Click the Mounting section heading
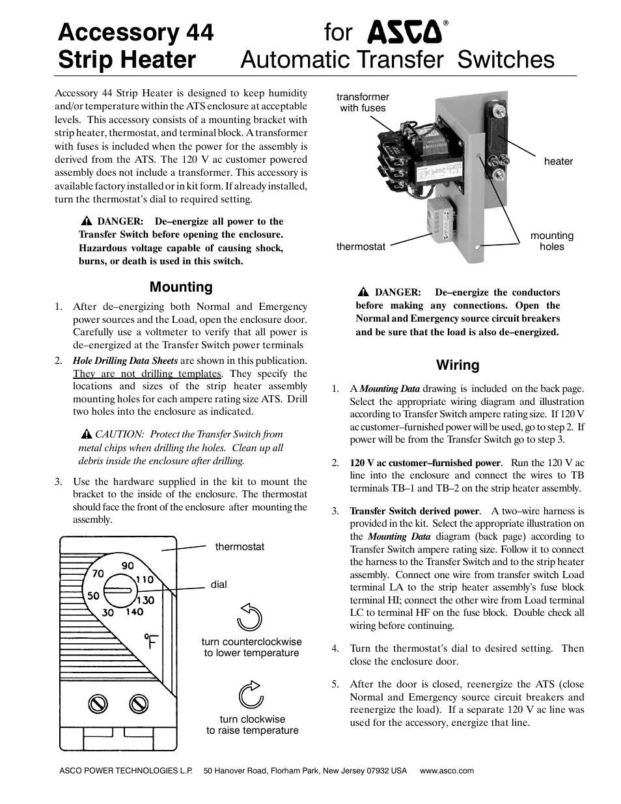tap(181, 287)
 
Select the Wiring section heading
tap(458, 365)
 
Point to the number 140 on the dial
tap(134, 612)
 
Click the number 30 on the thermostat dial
tap(108, 613)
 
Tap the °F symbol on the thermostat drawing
tap(151, 642)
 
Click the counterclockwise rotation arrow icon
tap(250, 617)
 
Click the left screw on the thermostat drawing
tap(98, 703)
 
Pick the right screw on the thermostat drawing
tap(138, 703)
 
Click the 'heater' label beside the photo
tap(558, 161)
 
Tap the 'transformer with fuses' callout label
tap(363, 103)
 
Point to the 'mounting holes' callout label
tap(551, 241)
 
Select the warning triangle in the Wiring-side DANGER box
tap(363, 292)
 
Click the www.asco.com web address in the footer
tap(447, 771)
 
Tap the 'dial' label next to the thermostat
tap(219, 585)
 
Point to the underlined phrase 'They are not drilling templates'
tap(147, 374)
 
